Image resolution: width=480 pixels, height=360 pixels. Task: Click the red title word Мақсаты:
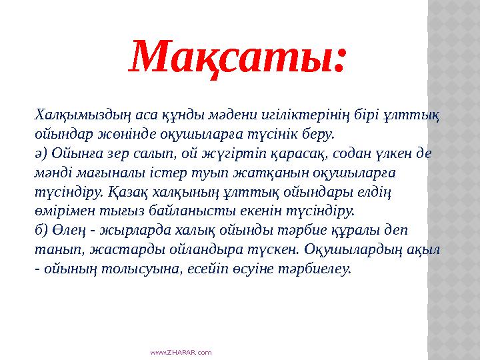[x=239, y=57]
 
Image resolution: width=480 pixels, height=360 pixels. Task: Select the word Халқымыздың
[x=79, y=116]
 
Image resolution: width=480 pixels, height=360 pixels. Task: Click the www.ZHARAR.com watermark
[x=181, y=351]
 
